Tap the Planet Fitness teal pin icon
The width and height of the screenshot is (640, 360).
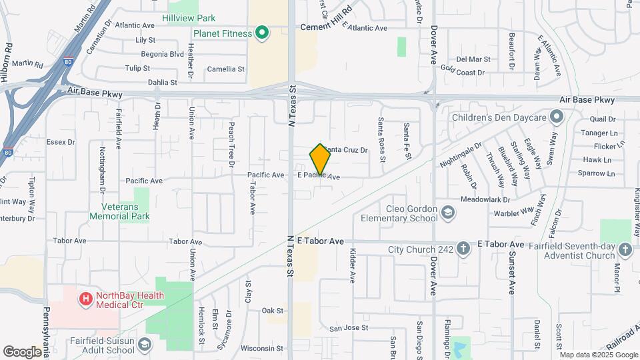262,33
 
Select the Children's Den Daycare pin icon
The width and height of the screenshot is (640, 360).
557,118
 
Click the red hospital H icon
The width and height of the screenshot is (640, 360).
85,299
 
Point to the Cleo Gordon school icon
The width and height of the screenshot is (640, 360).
448,213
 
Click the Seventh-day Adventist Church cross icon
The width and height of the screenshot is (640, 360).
625,249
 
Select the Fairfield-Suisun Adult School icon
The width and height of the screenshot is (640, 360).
145,344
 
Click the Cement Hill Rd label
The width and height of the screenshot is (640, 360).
325,27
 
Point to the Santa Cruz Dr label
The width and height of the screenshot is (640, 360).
347,150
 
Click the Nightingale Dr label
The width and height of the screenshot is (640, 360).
460,155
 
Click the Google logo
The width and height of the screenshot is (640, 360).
23,351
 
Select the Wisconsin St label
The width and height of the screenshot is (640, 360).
262,348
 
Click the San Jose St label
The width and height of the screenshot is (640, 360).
349,328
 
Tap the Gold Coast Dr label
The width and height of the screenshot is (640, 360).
462,71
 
